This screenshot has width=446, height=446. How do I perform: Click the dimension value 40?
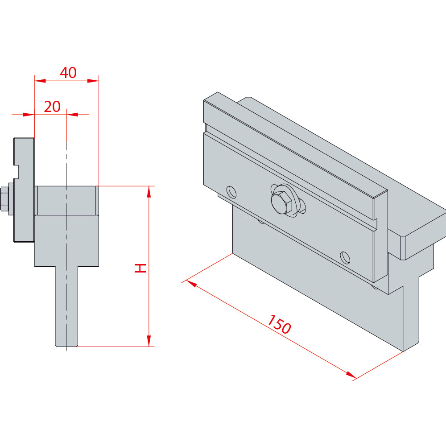[68, 73]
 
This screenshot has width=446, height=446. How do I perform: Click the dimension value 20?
[52, 107]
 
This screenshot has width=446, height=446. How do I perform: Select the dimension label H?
[140, 268]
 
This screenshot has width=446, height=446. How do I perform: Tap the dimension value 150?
[279, 324]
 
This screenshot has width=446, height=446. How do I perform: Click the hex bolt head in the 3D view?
[281, 201]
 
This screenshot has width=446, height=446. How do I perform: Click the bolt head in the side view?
[5, 199]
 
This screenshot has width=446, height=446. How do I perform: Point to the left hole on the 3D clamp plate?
[231, 192]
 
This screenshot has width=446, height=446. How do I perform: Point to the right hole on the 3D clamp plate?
[345, 257]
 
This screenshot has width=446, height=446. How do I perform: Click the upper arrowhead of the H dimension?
[149, 192]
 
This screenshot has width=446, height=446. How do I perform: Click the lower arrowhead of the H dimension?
[149, 341]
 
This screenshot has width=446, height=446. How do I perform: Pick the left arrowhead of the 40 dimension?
[40, 81]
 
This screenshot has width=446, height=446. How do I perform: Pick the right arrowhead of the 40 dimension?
[93, 81]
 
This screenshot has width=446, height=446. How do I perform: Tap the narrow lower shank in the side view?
[66, 307]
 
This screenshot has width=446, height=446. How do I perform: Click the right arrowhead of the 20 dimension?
[72, 115]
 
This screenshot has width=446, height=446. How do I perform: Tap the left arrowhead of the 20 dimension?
[29, 115]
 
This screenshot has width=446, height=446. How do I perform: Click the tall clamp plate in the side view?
[24, 190]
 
